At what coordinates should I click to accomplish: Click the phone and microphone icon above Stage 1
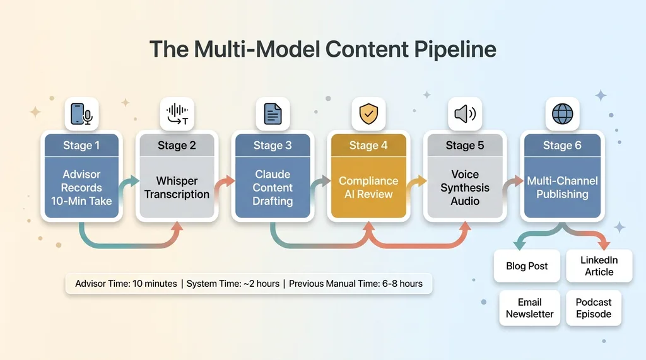(x=81, y=114)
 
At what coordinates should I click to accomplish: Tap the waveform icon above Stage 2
(x=177, y=114)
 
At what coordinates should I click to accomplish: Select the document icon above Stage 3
(x=273, y=114)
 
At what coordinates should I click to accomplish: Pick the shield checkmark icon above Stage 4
(x=368, y=114)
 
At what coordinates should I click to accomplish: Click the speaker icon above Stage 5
(x=464, y=114)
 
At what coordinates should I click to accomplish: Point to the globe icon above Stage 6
(x=562, y=114)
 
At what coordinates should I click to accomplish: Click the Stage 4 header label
(x=368, y=146)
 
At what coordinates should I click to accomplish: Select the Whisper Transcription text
(x=177, y=187)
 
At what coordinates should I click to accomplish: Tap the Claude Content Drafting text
(x=273, y=187)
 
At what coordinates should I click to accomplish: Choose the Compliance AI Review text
(x=368, y=187)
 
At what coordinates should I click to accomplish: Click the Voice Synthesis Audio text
(x=464, y=187)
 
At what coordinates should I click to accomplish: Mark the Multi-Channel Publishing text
(x=562, y=187)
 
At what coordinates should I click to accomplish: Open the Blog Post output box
(x=527, y=266)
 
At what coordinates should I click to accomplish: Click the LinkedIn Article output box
(x=599, y=266)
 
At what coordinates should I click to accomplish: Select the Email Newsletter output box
(x=530, y=308)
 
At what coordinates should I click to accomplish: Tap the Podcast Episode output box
(x=594, y=308)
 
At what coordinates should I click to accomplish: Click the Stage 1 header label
(x=81, y=146)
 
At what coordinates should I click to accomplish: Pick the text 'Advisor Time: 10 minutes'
(x=126, y=284)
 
